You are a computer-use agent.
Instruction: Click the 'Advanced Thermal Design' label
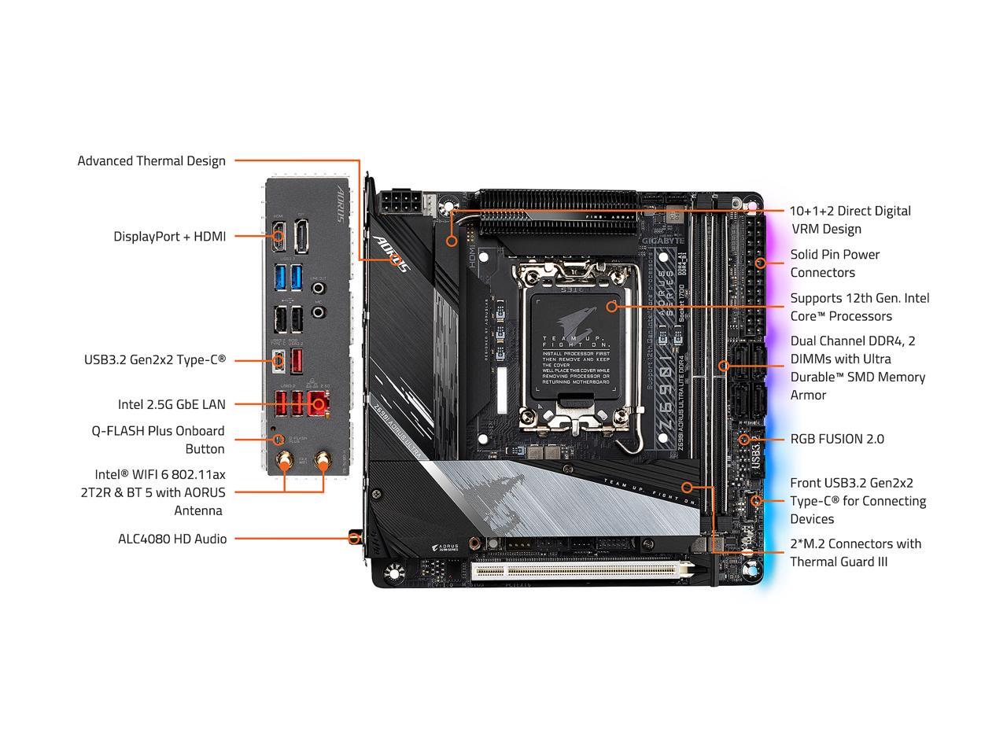(x=151, y=161)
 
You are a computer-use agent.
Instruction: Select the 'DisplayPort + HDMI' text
(x=169, y=236)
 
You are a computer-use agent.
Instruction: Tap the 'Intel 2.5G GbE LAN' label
(x=172, y=404)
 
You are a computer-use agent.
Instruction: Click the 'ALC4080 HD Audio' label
(x=172, y=539)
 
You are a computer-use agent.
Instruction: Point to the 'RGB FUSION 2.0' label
(x=837, y=439)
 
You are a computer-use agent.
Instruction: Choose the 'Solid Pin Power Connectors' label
(x=835, y=263)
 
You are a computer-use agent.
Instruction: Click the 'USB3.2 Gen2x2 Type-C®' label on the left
(x=155, y=359)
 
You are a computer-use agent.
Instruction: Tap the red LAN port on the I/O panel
(x=318, y=403)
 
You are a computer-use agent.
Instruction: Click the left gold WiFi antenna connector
(x=281, y=462)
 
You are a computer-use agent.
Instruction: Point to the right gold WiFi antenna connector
(x=323, y=462)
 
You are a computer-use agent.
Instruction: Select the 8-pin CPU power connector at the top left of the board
(x=401, y=204)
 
